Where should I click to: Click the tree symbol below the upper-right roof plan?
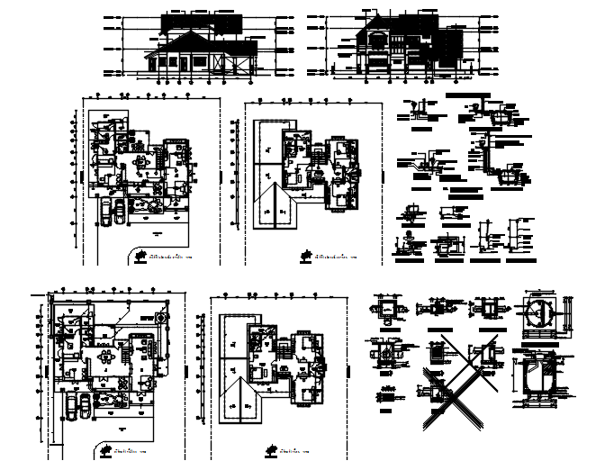point(307,258)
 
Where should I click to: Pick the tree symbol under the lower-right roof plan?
point(270,448)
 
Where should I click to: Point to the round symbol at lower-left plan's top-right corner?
point(161,316)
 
